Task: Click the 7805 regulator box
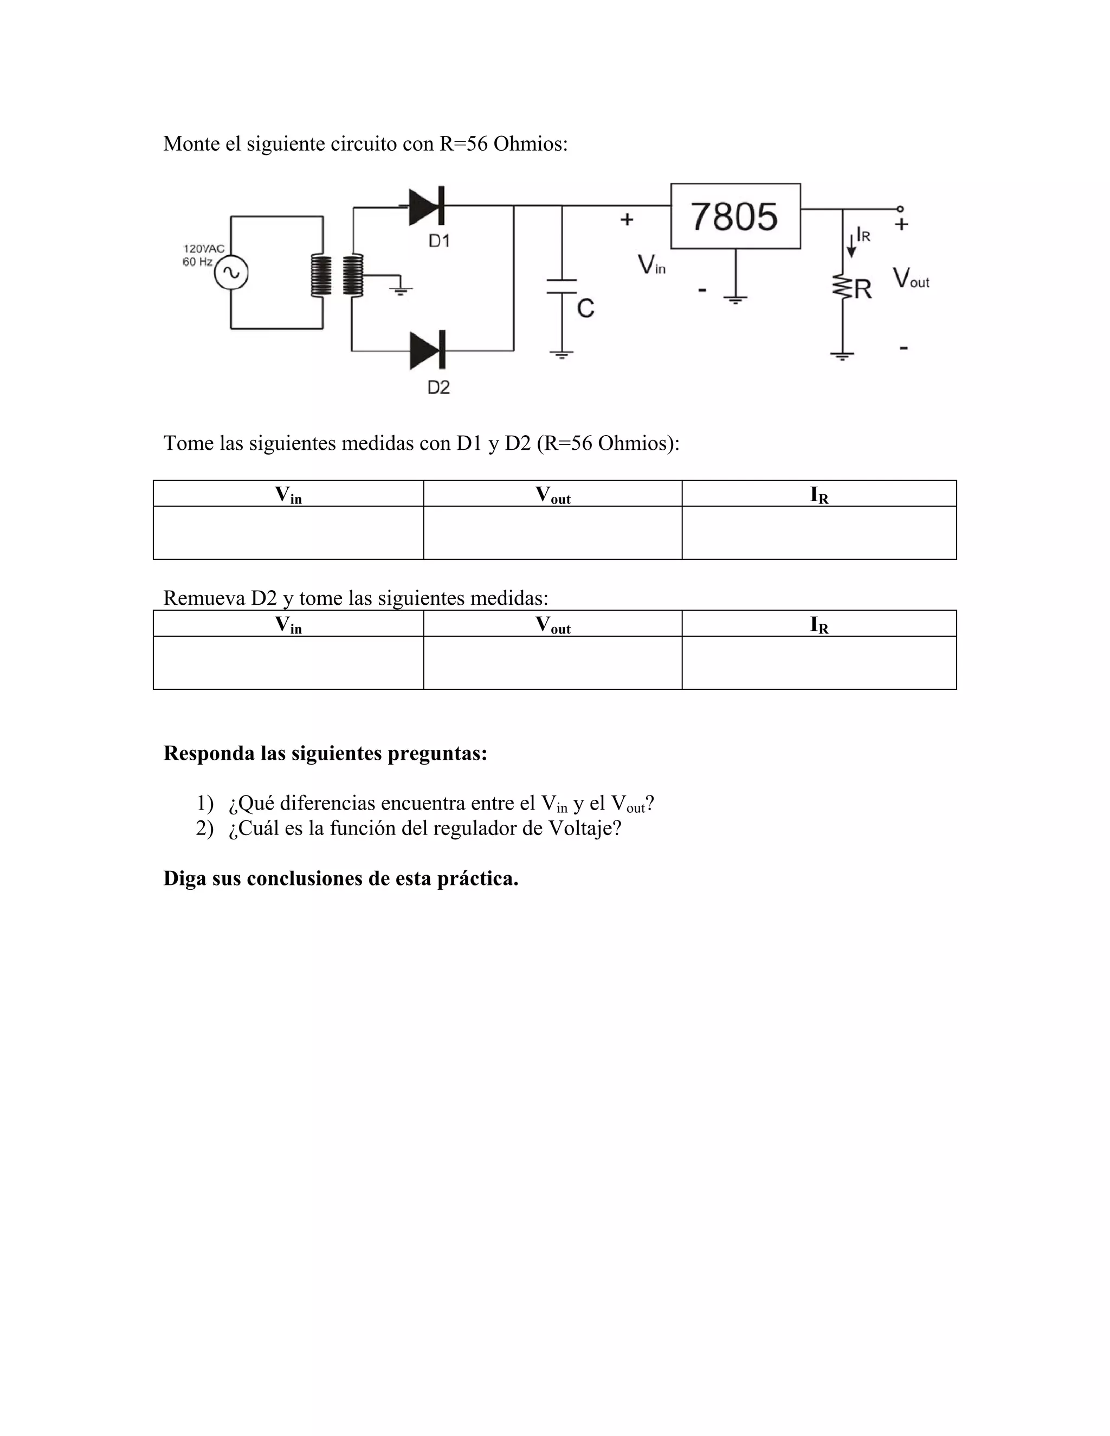pos(735,216)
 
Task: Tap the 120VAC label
pos(204,249)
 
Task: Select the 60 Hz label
pos(197,262)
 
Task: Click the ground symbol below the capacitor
pos(561,355)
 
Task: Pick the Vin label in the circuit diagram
pos(651,265)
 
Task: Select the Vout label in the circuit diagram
pos(911,278)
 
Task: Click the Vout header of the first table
pos(552,494)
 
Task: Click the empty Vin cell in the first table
pos(288,533)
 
